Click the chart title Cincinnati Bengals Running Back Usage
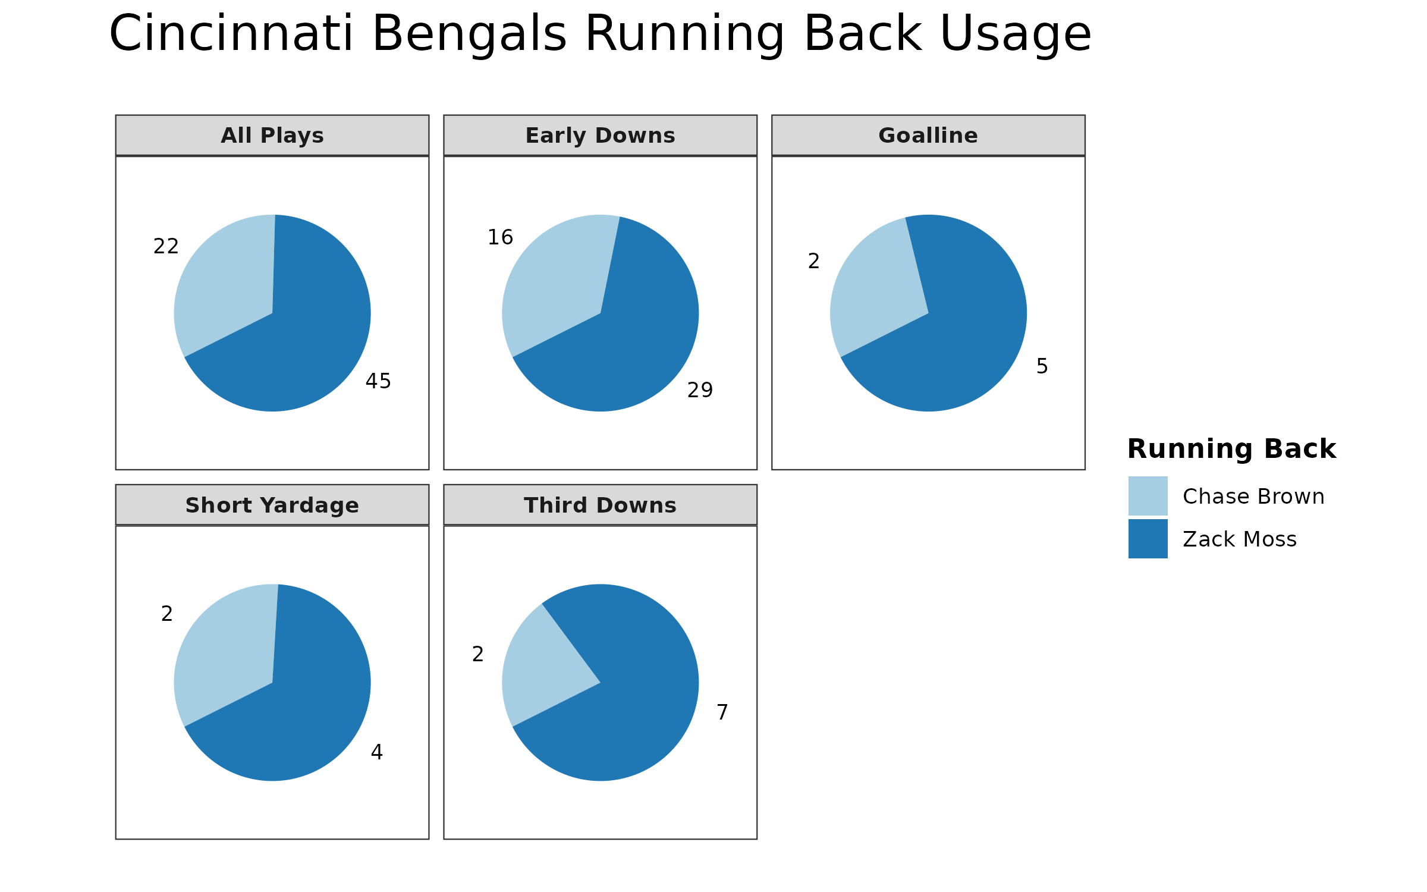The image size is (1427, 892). (x=600, y=34)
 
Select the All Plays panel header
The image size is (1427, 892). (x=272, y=136)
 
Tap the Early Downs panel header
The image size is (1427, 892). (x=600, y=136)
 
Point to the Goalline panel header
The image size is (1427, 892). (x=928, y=136)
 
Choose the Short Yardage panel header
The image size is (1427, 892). (x=272, y=505)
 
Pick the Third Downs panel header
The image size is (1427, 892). (x=600, y=505)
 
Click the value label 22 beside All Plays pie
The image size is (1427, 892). (x=166, y=246)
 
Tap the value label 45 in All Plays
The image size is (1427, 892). (x=378, y=381)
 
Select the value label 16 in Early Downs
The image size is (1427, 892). (x=500, y=237)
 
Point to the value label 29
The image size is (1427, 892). (x=700, y=390)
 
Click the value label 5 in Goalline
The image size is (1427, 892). (x=1042, y=366)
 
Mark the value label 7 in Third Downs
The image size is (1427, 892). (x=722, y=712)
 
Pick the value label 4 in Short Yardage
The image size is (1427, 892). (x=376, y=752)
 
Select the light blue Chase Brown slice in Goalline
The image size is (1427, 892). (x=874, y=285)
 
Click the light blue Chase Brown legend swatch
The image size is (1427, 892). (x=1148, y=496)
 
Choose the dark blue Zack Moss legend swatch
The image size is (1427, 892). (x=1148, y=539)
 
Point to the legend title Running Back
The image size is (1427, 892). (x=1231, y=449)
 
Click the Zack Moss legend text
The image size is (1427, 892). (x=1239, y=539)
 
